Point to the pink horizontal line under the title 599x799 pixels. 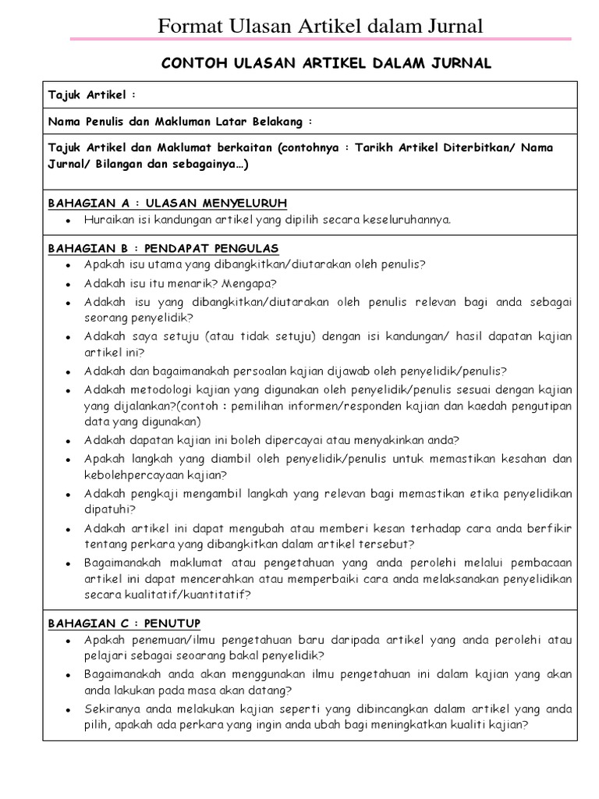(x=321, y=39)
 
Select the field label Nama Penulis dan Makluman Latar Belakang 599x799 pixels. (x=179, y=121)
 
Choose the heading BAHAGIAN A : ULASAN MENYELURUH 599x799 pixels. (x=168, y=203)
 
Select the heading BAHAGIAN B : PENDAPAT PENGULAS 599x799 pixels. (x=164, y=248)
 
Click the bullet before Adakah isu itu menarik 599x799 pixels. (x=69, y=284)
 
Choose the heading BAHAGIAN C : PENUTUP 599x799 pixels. (x=125, y=623)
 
